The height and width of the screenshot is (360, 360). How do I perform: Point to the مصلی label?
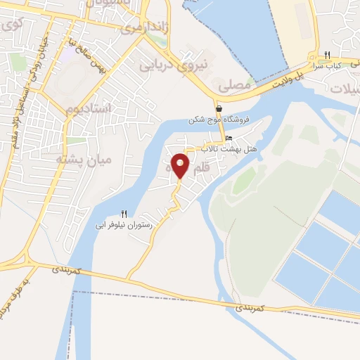click(x=234, y=85)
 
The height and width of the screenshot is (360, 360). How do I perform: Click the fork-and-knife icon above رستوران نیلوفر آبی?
click(x=124, y=214)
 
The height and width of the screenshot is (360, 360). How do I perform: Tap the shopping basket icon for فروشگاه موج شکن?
click(x=219, y=108)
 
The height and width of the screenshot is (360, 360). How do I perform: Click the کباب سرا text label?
click(x=345, y=65)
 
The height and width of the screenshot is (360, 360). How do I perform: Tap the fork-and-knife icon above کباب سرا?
click(x=328, y=56)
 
